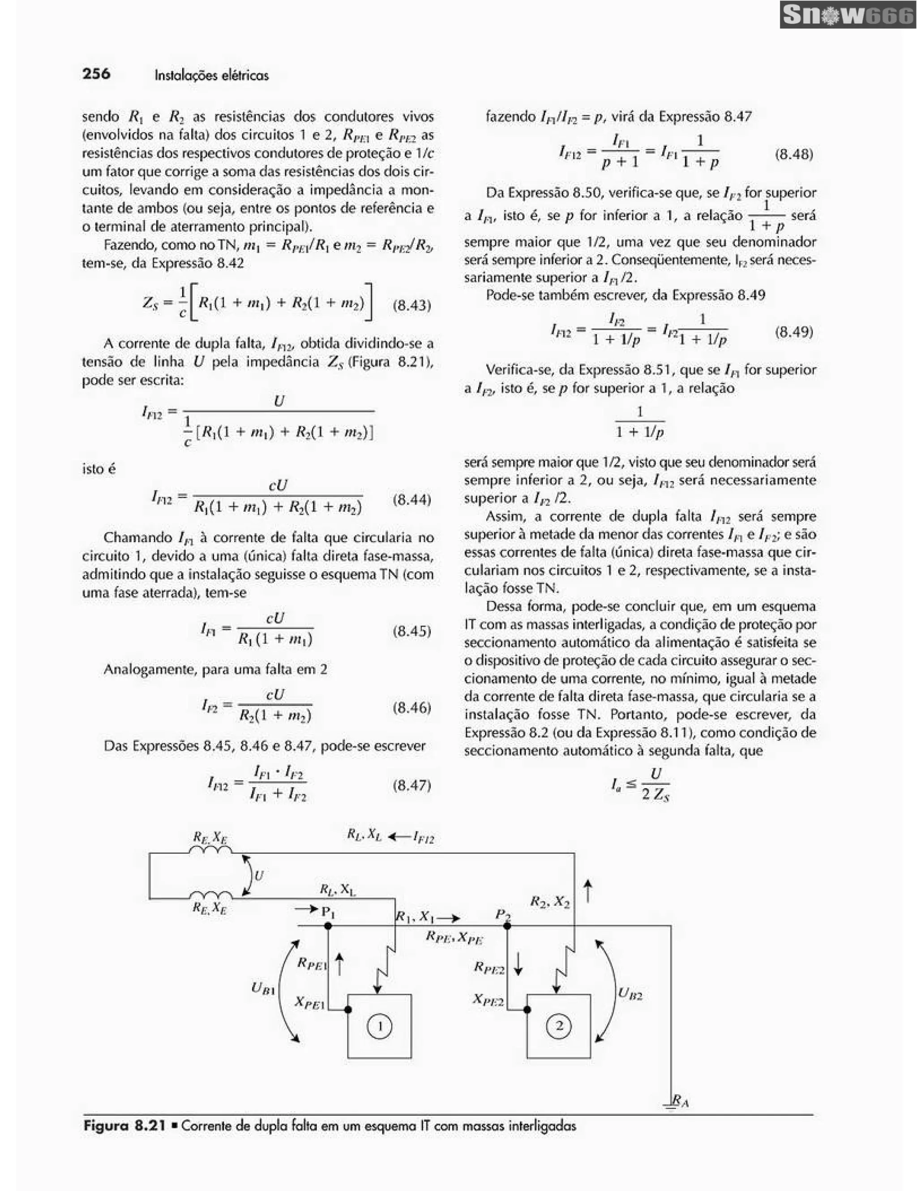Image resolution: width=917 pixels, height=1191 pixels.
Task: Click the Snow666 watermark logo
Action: (847, 15)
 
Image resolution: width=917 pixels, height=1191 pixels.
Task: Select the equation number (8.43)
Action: (411, 305)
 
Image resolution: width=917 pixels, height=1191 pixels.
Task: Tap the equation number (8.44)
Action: (411, 500)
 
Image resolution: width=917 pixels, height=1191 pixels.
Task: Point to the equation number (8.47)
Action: (411, 785)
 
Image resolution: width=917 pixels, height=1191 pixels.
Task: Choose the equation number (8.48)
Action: (794, 154)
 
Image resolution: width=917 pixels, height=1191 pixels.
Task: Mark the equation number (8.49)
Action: (794, 332)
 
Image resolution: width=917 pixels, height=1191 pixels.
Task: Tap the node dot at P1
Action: (328, 925)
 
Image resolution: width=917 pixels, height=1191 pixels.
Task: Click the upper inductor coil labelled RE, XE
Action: (210, 850)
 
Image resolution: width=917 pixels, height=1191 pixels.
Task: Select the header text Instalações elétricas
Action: (211, 75)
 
